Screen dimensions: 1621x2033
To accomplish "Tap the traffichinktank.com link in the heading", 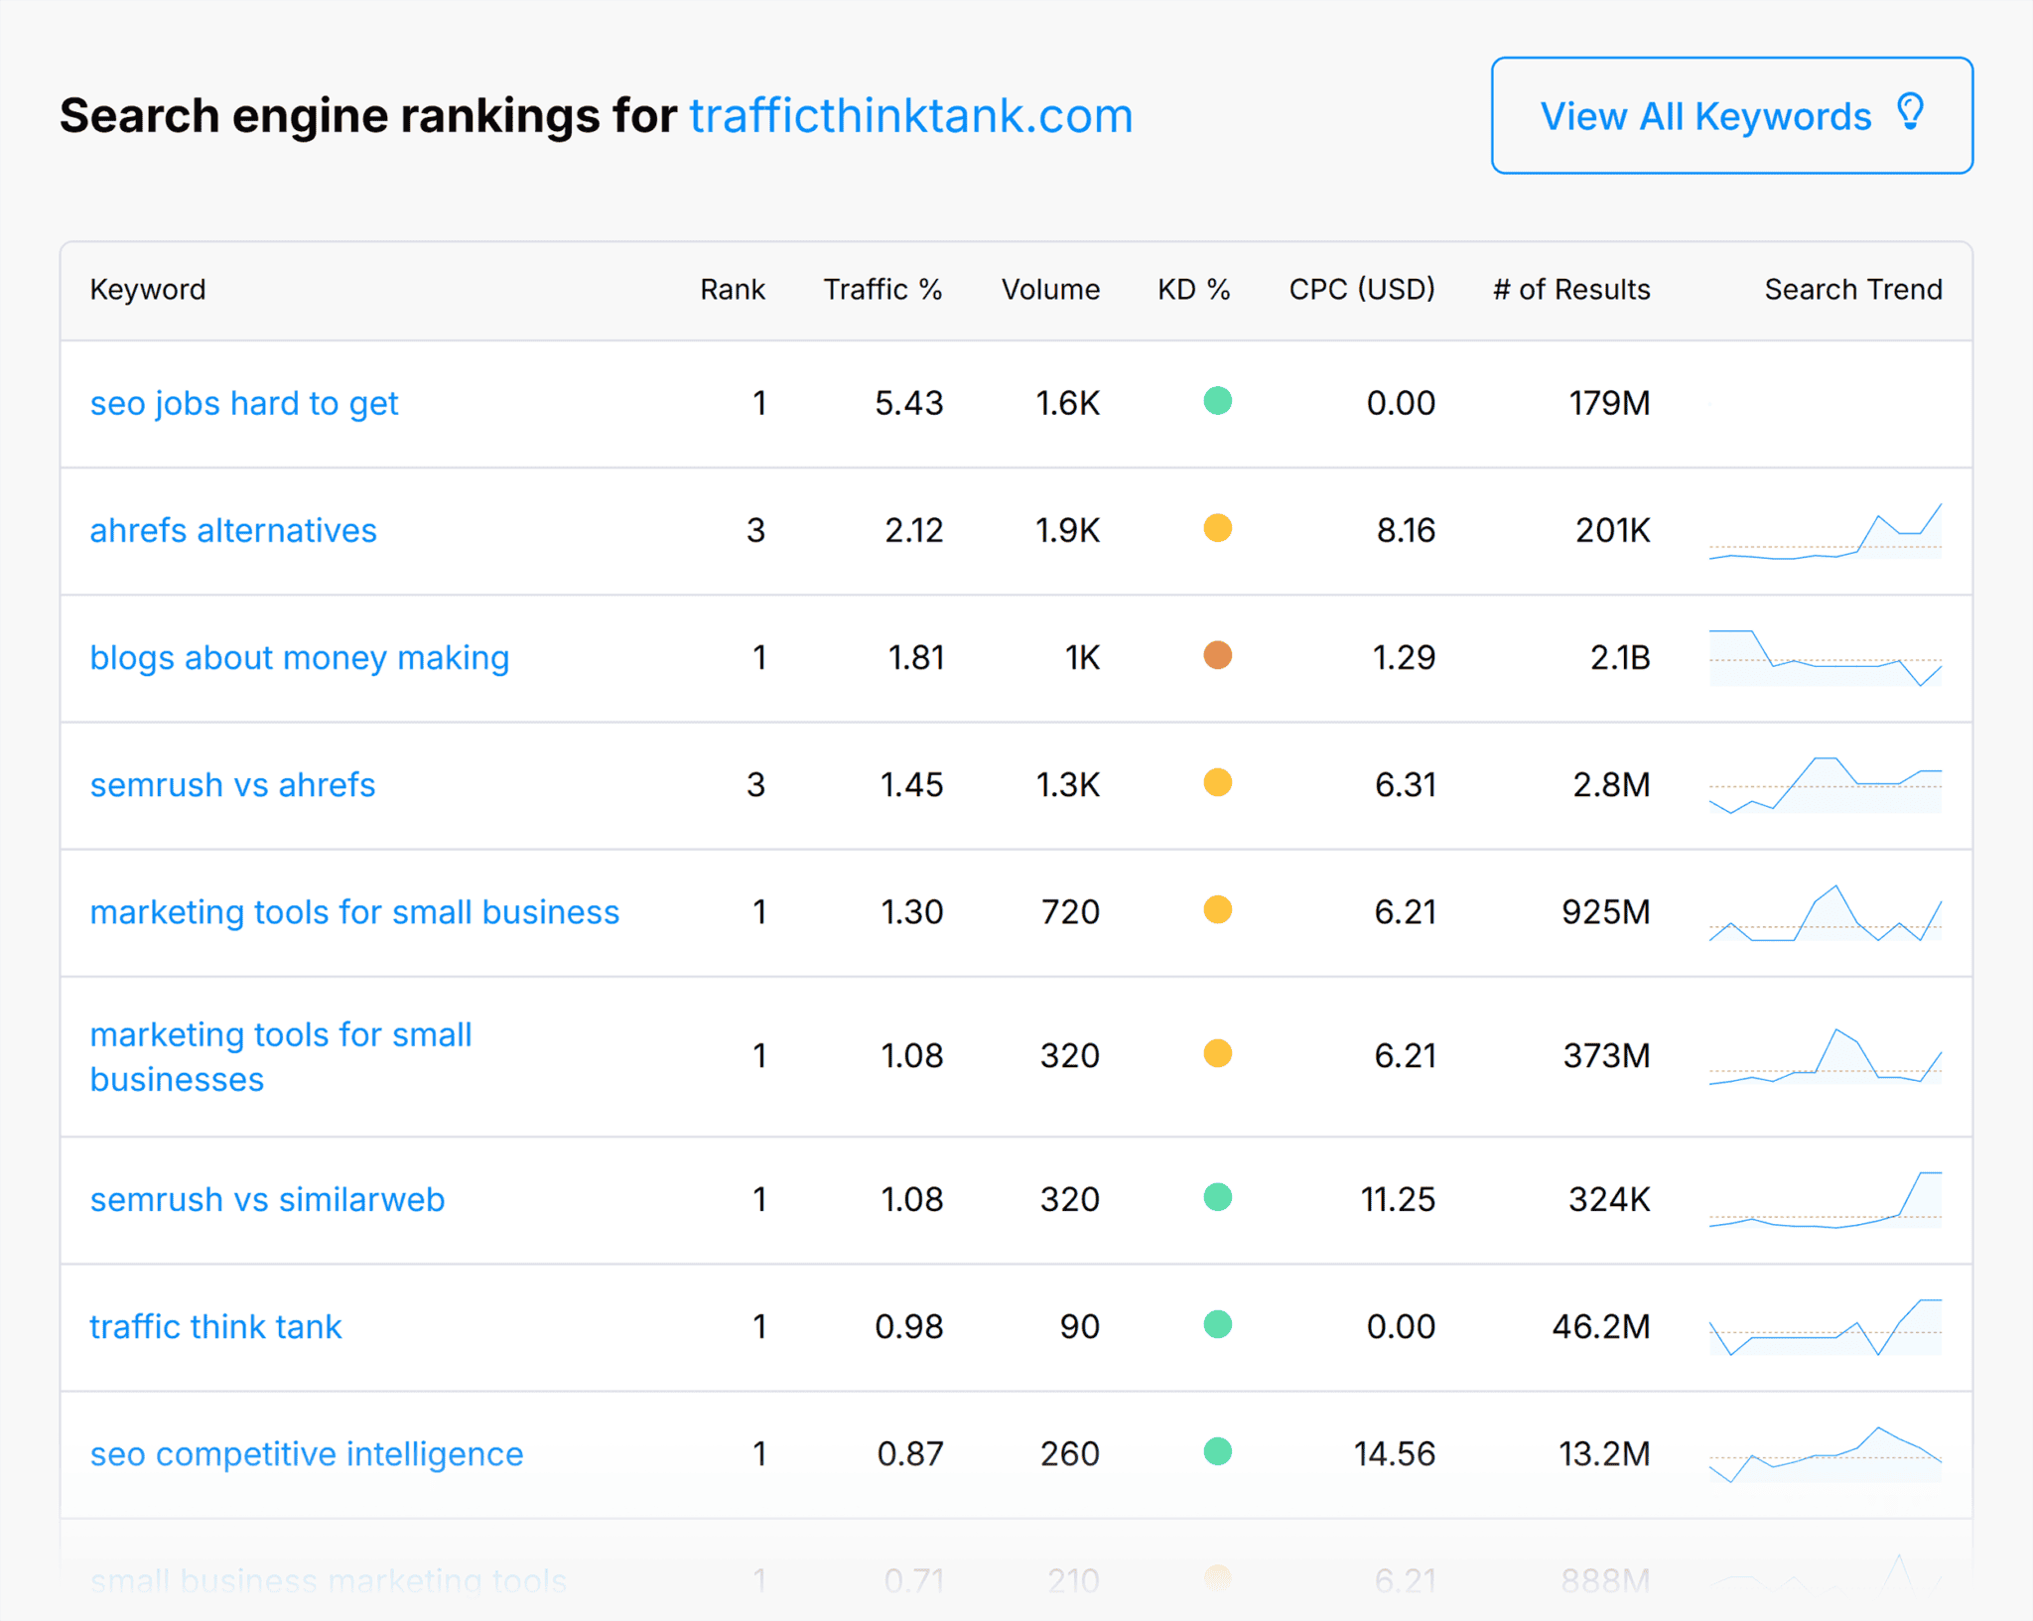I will [x=910, y=116].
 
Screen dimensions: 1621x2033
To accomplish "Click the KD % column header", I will [x=1193, y=289].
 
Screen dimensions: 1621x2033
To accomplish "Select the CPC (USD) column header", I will [x=1361, y=289].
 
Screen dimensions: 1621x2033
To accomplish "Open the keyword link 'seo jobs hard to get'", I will [x=243, y=403].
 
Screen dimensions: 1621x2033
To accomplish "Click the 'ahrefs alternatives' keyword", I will [x=233, y=530].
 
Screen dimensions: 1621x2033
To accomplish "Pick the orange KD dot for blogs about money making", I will [x=1217, y=655].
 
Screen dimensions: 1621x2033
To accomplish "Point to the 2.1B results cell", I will [x=1619, y=657].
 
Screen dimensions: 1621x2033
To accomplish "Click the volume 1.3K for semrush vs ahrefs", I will [x=1067, y=784].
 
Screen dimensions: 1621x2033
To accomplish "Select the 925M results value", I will [x=1605, y=911].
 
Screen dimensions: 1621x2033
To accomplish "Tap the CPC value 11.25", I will [x=1398, y=1199].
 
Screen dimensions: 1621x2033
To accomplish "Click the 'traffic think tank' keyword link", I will [x=215, y=1326].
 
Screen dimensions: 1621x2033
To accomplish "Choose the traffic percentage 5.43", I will [x=908, y=403].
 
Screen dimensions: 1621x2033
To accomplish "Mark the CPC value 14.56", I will [x=1394, y=1453].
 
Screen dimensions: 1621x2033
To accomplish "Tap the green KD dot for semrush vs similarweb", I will [x=1217, y=1197].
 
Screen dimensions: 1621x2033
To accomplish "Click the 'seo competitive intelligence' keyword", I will [x=306, y=1453].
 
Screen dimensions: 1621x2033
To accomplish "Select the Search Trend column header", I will [x=1852, y=289].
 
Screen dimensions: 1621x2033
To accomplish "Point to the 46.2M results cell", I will [x=1600, y=1326].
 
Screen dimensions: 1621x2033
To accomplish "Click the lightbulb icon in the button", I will [x=1910, y=111].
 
